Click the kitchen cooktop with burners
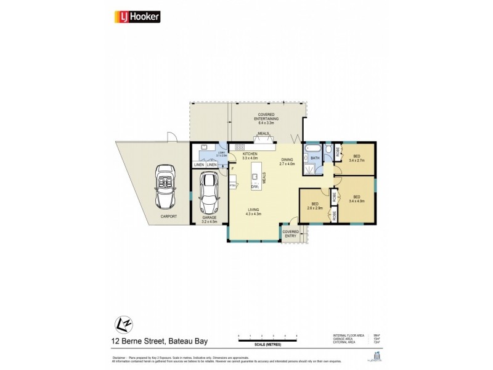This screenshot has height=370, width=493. (x=239, y=147)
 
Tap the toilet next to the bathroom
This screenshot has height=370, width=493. (x=329, y=149)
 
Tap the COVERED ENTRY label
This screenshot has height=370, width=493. (x=290, y=234)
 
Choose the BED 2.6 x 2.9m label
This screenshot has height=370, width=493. (x=315, y=206)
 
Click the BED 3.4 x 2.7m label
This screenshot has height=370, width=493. (x=357, y=158)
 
